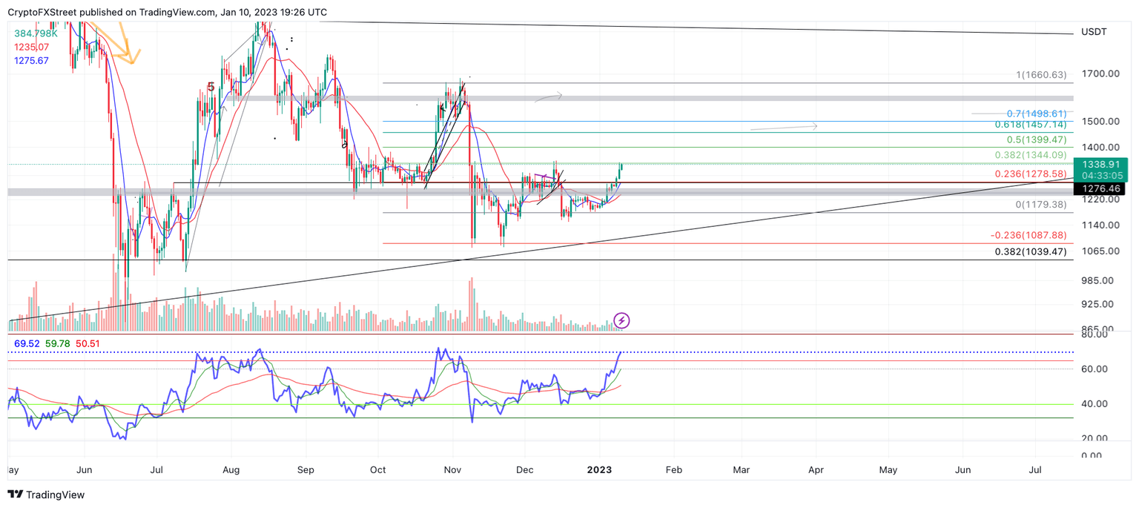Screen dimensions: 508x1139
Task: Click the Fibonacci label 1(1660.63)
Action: pyautogui.click(x=1041, y=75)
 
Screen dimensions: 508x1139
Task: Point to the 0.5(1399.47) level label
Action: pyautogui.click(x=1036, y=139)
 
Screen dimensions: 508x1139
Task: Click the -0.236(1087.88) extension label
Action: pyautogui.click(x=1029, y=235)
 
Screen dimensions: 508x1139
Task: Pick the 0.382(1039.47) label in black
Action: pyautogui.click(x=1031, y=251)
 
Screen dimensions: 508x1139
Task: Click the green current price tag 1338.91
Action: pyautogui.click(x=1105, y=165)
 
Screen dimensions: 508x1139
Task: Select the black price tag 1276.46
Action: pyautogui.click(x=1105, y=190)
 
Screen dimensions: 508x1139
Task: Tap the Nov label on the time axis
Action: pyautogui.click(x=452, y=470)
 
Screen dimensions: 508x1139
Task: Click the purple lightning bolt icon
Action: pyautogui.click(x=622, y=320)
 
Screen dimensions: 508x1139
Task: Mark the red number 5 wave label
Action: pyautogui.click(x=211, y=87)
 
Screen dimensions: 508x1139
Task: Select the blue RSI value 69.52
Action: pyautogui.click(x=26, y=344)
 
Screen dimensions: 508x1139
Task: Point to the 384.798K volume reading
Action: pyautogui.click(x=36, y=33)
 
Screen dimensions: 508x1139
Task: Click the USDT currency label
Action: pyautogui.click(x=1094, y=32)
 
